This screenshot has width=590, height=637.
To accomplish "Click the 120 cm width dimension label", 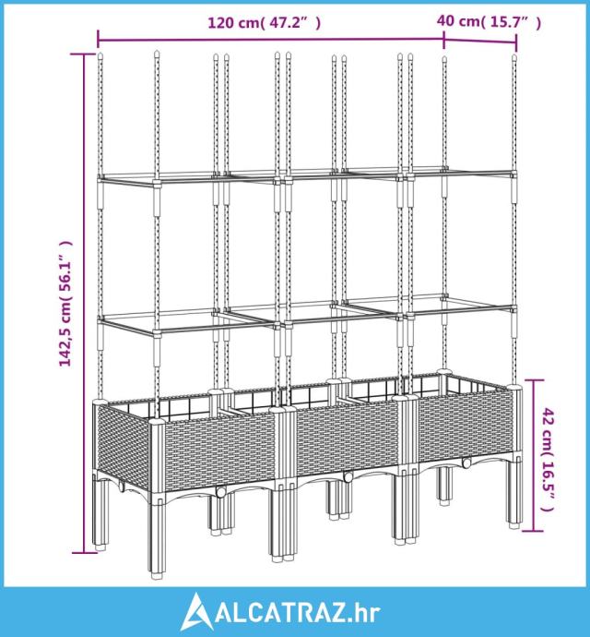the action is [x=265, y=23].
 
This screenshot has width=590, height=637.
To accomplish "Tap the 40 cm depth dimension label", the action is [x=489, y=21].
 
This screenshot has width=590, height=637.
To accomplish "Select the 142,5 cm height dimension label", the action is [x=65, y=303].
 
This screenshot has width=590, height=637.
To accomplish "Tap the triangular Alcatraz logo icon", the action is [x=196, y=611].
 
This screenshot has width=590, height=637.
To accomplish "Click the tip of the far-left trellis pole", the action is [x=100, y=54].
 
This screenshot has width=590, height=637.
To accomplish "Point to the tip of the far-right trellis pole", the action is [x=514, y=56].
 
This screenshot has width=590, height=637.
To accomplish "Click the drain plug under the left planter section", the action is [x=221, y=492].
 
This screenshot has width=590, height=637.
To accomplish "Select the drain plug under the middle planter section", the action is [x=348, y=477].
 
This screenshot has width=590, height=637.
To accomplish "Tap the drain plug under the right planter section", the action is [x=466, y=463].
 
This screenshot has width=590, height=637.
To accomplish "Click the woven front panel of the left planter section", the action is [x=219, y=451].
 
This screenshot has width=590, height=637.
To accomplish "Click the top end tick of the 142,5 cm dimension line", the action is [x=84, y=54].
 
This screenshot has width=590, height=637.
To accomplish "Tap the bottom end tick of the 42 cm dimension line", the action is [x=532, y=531].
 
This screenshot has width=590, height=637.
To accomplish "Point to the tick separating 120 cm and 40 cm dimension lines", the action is [x=444, y=40].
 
